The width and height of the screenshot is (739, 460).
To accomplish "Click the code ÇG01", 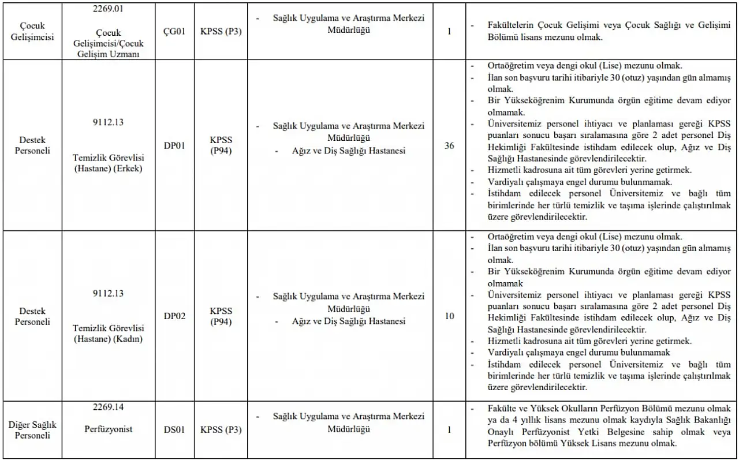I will pyautogui.click(x=174, y=31).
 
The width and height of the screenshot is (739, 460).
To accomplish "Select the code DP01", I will pyautogui.click(x=174, y=145).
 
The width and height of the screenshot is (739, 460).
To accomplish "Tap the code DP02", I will pyautogui.click(x=174, y=316).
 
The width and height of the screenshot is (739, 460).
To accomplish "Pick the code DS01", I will pyautogui.click(x=174, y=429).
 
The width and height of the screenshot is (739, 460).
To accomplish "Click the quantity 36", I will pyautogui.click(x=449, y=145).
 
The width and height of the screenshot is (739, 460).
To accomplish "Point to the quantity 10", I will pyautogui.click(x=449, y=316).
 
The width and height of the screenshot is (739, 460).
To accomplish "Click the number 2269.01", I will pyautogui.click(x=109, y=9).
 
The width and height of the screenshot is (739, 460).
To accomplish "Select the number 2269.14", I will pyautogui.click(x=109, y=407).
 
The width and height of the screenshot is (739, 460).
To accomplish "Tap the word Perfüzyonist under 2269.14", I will pyautogui.click(x=109, y=429).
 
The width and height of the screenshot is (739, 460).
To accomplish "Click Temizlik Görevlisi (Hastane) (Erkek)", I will pyautogui.click(x=109, y=162).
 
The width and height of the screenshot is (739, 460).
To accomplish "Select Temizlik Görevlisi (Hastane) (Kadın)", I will pyautogui.click(x=109, y=333).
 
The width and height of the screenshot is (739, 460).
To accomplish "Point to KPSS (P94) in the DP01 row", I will pyautogui.click(x=221, y=145).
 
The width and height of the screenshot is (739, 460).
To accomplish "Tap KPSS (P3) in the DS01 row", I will pyautogui.click(x=221, y=429).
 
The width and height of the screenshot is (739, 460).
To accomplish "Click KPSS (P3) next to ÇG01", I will pyautogui.click(x=221, y=31).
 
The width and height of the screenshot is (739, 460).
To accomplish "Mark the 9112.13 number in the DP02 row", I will pyautogui.click(x=109, y=293).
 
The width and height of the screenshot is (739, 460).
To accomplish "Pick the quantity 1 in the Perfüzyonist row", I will pyautogui.click(x=449, y=429).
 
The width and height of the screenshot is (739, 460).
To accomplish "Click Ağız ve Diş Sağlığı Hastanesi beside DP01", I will pyautogui.click(x=349, y=151).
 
